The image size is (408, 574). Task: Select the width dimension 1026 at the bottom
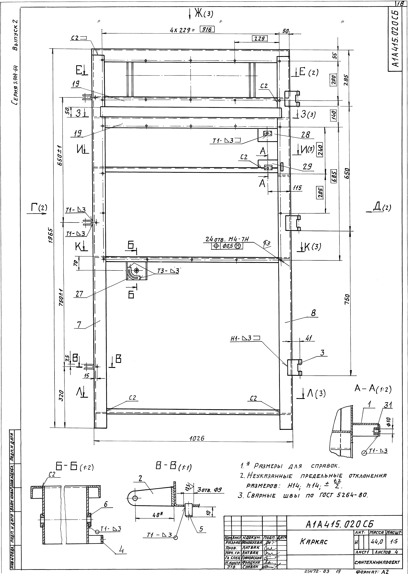pos(197,438)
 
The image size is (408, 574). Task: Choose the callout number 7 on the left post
pos(79,325)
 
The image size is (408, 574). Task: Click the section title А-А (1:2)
pos(373,389)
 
